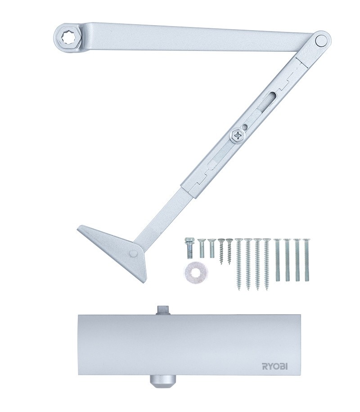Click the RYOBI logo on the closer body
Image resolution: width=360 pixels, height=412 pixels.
point(274,366)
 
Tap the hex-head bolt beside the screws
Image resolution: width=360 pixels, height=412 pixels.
point(188,247)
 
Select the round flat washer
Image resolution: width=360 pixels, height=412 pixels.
point(195,272)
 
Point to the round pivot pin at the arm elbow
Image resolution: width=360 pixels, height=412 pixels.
point(320,41)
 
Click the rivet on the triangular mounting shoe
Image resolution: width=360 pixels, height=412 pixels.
point(134,254)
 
